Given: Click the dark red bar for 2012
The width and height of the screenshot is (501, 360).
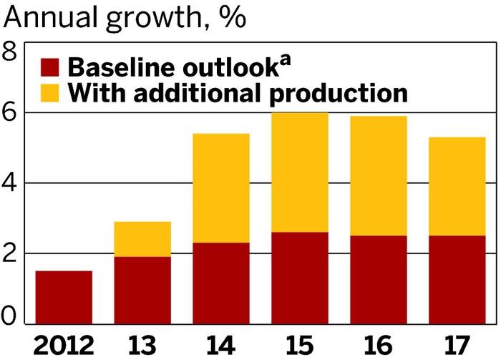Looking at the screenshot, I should point(64,297).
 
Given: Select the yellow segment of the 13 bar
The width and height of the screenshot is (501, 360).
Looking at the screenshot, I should point(142,239).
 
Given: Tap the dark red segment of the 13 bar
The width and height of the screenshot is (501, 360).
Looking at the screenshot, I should point(142,290).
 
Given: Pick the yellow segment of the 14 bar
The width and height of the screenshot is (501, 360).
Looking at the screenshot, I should point(220,188).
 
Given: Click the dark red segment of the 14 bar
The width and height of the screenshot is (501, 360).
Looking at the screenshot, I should point(220,283).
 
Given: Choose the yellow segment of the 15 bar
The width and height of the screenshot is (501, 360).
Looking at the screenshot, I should point(299,172).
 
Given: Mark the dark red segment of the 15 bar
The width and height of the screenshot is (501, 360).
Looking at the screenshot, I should point(299,278).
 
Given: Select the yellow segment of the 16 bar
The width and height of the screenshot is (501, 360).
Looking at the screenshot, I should point(378,176).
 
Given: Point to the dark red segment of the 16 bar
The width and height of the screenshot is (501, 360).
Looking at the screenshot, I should point(378,279).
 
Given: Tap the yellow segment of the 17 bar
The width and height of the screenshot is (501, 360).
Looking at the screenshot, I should point(457,186).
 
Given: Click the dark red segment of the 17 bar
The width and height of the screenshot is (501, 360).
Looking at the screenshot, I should point(457,279).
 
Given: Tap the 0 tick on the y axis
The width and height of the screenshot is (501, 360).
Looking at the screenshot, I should point(11,314).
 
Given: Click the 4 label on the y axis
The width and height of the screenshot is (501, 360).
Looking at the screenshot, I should point(11,183).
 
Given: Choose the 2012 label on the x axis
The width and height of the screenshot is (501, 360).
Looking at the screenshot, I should point(64,344).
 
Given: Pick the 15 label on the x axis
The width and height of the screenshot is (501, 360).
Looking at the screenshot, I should point(299,344).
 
